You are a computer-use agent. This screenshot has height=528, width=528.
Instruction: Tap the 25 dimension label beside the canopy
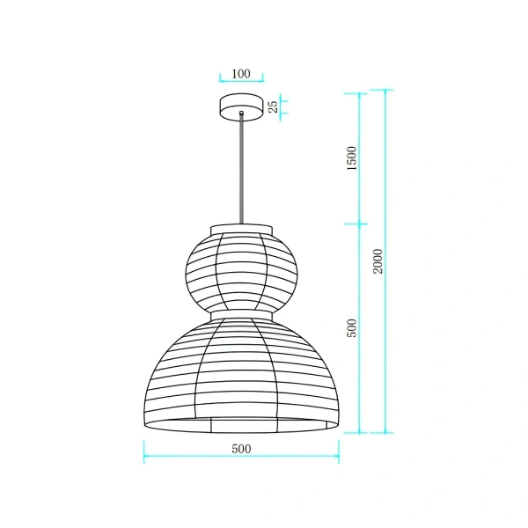(x=273, y=106)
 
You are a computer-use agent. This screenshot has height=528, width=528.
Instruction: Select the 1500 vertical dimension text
(x=352, y=158)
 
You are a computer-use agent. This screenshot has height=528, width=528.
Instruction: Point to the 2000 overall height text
(x=378, y=260)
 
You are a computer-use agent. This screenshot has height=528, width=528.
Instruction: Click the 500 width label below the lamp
(x=241, y=449)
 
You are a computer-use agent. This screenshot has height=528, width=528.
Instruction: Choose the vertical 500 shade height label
(x=352, y=328)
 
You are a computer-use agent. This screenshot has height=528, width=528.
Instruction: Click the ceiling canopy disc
(x=241, y=105)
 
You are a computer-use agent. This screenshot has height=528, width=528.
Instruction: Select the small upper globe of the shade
(x=241, y=269)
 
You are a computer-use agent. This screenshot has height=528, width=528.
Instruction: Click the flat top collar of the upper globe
(x=241, y=229)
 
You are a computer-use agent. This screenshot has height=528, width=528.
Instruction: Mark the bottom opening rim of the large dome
(x=241, y=426)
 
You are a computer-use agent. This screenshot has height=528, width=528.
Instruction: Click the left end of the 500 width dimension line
(x=144, y=458)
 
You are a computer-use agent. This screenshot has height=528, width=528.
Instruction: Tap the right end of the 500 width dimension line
(x=339, y=458)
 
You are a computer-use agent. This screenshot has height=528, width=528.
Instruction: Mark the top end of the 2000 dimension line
(x=385, y=90)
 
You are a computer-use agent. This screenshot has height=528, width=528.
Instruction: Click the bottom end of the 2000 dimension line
(x=385, y=433)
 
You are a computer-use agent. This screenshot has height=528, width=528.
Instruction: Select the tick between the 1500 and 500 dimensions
(x=359, y=224)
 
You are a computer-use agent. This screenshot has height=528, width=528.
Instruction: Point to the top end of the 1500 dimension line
(x=359, y=93)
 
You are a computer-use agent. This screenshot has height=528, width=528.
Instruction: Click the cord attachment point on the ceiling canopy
(x=241, y=114)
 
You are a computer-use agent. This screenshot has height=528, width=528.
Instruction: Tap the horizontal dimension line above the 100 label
(x=241, y=81)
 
